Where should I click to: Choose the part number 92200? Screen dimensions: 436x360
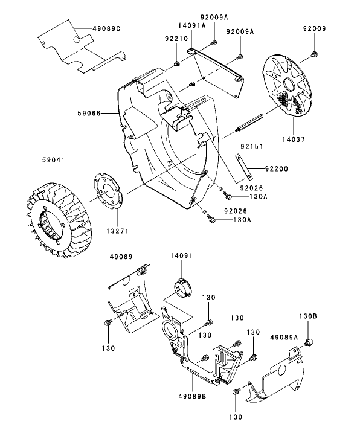coord(275,169)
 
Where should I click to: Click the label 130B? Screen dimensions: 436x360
coord(308,316)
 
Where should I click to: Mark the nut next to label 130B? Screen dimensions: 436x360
coord(309,342)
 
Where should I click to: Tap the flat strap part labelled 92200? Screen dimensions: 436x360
coord(242,167)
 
